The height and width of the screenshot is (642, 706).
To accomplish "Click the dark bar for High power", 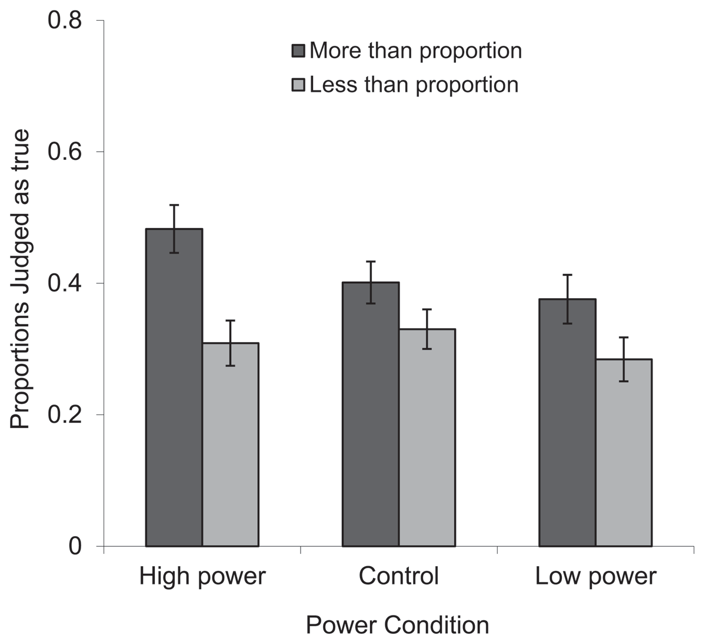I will click(x=174, y=388).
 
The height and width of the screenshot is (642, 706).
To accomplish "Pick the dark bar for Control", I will click(x=371, y=414).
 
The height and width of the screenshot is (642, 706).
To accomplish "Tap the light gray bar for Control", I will click(x=427, y=438).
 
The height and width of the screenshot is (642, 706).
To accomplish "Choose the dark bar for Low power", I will click(x=568, y=423).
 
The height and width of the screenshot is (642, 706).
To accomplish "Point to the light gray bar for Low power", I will click(x=624, y=453).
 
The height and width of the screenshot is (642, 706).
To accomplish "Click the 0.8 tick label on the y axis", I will click(x=65, y=21).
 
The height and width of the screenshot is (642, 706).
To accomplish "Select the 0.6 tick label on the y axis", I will click(x=65, y=152).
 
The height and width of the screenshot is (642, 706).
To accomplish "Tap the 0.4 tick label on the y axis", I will click(x=65, y=283).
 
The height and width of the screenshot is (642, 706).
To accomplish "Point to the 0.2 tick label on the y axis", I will click(x=65, y=415).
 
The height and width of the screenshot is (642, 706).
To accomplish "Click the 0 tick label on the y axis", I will click(x=75, y=546).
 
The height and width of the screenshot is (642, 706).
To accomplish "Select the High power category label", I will click(x=202, y=576).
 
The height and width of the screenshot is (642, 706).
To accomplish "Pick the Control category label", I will click(x=399, y=576).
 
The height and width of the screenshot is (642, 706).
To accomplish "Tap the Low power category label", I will click(x=595, y=576).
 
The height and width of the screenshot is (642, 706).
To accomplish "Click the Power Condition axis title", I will click(x=398, y=624).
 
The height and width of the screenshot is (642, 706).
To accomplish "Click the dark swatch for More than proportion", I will click(x=298, y=51).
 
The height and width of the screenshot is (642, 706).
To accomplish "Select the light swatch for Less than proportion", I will click(x=298, y=85).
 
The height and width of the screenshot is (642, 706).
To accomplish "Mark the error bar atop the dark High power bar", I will click(x=174, y=229).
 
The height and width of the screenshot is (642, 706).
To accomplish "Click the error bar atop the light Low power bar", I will click(x=624, y=359).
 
